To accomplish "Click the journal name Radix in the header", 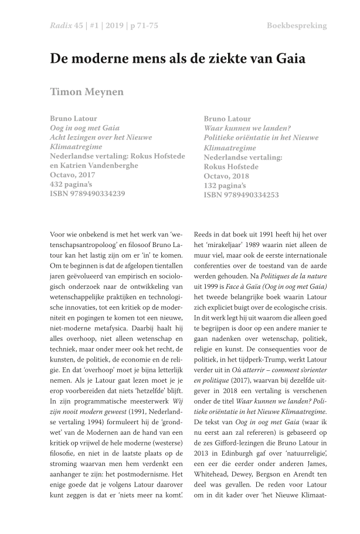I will click(62, 26).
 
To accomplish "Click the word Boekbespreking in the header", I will click(297, 26).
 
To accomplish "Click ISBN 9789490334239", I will click(87, 194).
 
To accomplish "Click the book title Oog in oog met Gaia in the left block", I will click(84, 128).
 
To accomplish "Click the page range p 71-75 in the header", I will click(144, 26).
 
